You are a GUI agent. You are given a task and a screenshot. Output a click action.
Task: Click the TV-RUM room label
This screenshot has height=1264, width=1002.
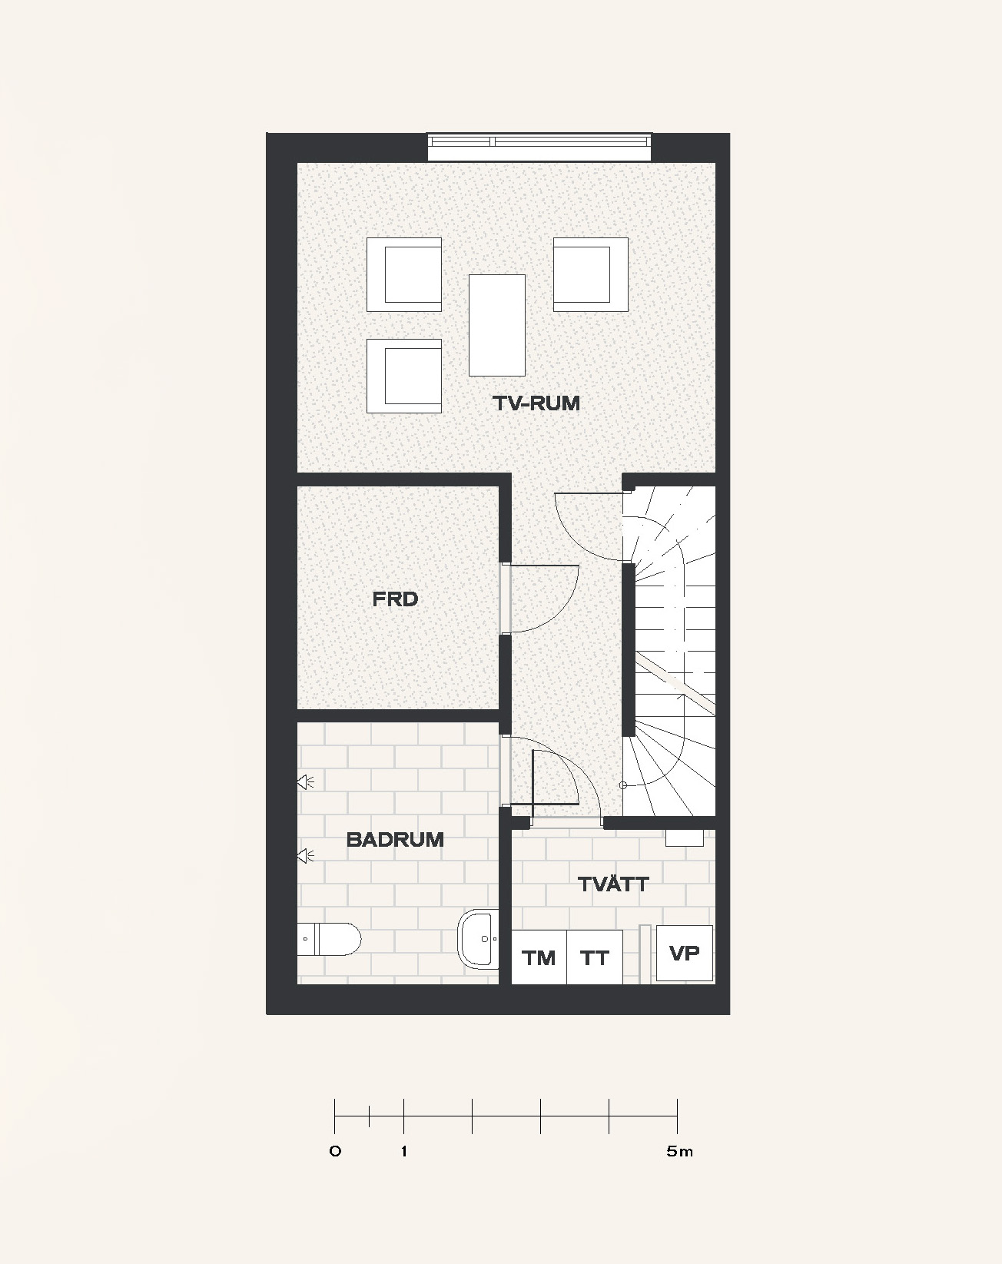536,403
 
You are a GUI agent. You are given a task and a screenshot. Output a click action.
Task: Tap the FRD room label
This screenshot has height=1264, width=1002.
395,599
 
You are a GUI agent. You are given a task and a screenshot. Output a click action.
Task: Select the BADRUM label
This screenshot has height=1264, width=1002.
395,839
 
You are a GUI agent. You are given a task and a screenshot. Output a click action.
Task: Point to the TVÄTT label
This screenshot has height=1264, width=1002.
613,884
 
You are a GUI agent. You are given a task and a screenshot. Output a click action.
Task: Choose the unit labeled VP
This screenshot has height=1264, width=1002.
684,954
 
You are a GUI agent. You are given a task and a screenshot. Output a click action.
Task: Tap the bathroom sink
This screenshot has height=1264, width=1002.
478,939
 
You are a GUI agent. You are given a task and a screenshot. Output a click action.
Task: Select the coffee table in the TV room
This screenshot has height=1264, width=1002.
497,325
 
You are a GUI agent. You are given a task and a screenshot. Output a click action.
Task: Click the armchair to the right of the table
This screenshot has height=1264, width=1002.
590,274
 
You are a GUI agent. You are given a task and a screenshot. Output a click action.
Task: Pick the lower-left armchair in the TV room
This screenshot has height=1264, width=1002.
404,376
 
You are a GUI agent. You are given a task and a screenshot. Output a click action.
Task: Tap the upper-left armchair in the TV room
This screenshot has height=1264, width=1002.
404,274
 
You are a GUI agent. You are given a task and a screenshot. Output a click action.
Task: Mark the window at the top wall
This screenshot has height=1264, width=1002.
539,148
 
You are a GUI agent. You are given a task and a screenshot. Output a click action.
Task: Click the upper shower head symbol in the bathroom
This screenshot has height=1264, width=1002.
305,781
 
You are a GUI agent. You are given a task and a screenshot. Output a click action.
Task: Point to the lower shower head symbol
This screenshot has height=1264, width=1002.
305,856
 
